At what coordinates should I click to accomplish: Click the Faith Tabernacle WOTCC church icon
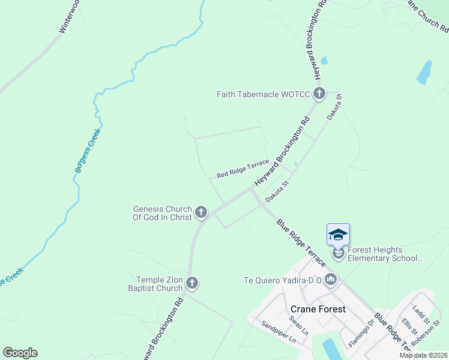319,94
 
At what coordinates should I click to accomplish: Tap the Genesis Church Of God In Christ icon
202,212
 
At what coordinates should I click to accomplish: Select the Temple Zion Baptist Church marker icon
192,283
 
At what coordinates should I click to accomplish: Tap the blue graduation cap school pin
338,234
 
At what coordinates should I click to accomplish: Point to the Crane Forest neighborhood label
318,309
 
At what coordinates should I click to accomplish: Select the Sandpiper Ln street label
279,332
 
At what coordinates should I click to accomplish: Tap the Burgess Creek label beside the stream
88,150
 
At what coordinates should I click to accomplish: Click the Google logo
20,353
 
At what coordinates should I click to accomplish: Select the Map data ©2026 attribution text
423,355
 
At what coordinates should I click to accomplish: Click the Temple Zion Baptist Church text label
159,284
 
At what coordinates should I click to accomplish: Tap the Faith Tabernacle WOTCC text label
264,94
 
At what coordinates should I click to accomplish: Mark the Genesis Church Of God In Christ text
162,213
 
